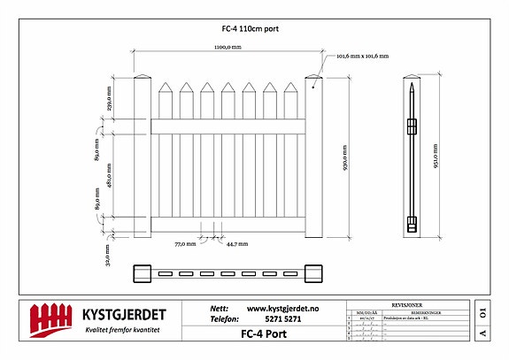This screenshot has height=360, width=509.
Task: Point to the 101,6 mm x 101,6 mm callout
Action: coord(363,57)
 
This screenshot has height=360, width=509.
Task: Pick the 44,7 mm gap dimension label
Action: coord(236,243)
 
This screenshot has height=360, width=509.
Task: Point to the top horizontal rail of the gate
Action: coord(228,125)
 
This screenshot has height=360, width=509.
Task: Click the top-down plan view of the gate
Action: coord(228,274)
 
